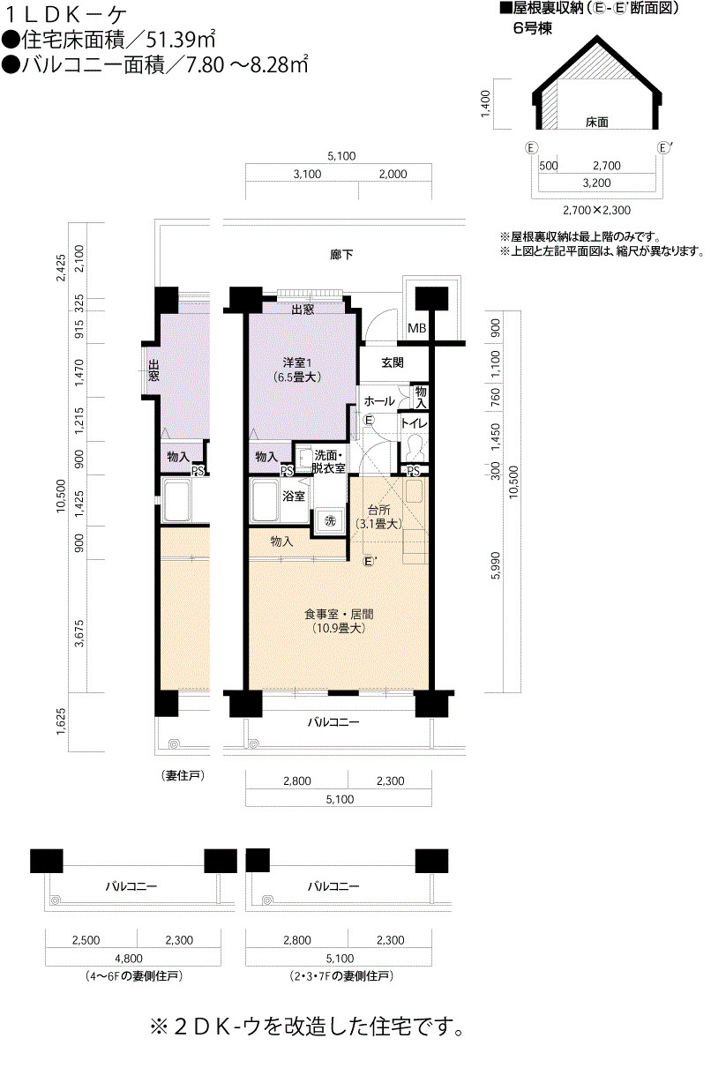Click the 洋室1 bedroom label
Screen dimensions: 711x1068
[296, 362]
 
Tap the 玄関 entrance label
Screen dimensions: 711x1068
[393, 362]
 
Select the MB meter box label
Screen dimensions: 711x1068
[416, 328]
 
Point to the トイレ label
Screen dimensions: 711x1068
[414, 423]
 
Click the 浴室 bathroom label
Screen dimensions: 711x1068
[293, 497]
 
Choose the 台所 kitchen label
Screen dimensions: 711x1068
[379, 510]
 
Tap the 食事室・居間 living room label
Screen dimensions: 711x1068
[339, 614]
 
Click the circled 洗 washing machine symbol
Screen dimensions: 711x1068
[330, 521]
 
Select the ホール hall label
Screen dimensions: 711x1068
[379, 401]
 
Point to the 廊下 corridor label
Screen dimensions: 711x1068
[341, 255]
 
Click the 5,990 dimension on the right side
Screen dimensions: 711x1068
[496, 565]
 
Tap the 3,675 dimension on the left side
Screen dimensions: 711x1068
[79, 633]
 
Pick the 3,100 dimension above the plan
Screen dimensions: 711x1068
[307, 174]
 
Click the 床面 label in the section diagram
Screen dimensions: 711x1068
[596, 122]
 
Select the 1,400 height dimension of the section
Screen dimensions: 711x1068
[485, 103]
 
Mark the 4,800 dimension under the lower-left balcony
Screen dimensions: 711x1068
[129, 959]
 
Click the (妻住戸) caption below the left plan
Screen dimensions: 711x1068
[183, 776]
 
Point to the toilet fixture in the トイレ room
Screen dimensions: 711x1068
[413, 448]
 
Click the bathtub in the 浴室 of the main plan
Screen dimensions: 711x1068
[268, 501]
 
